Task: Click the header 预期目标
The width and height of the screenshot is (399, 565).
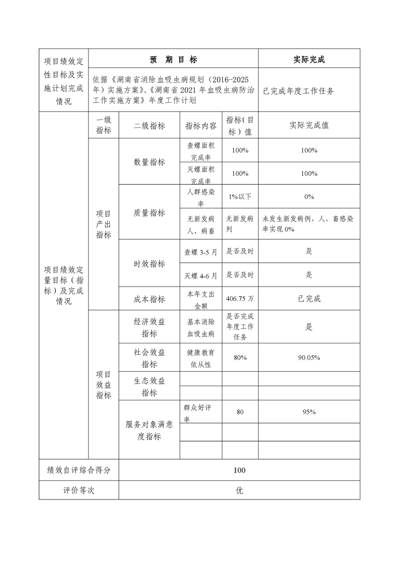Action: click(x=174, y=59)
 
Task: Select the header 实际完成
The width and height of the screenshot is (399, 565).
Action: click(x=309, y=59)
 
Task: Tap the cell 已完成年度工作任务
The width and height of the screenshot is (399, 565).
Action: click(x=298, y=91)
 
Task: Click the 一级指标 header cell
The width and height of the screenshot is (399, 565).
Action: click(x=104, y=125)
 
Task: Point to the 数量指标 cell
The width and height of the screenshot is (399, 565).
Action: click(x=149, y=162)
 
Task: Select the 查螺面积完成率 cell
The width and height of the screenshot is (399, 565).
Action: click(x=201, y=151)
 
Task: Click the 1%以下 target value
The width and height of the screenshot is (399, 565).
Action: click(x=240, y=196)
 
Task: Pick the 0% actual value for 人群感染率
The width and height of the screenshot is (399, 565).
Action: click(x=309, y=196)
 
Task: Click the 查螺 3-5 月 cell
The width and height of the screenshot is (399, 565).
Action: click(x=201, y=251)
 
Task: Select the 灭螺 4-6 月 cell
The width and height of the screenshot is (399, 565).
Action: click(x=201, y=275)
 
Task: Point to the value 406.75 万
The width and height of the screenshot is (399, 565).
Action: click(x=240, y=299)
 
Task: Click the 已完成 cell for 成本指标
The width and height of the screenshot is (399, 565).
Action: click(x=309, y=299)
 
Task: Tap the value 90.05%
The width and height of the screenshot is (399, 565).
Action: click(x=309, y=358)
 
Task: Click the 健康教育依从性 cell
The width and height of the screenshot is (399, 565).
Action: click(x=201, y=358)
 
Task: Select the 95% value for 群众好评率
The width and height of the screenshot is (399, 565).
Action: click(x=309, y=412)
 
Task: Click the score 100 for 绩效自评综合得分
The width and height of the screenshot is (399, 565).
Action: click(x=240, y=470)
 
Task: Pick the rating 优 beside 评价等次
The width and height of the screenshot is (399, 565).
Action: click(x=240, y=490)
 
